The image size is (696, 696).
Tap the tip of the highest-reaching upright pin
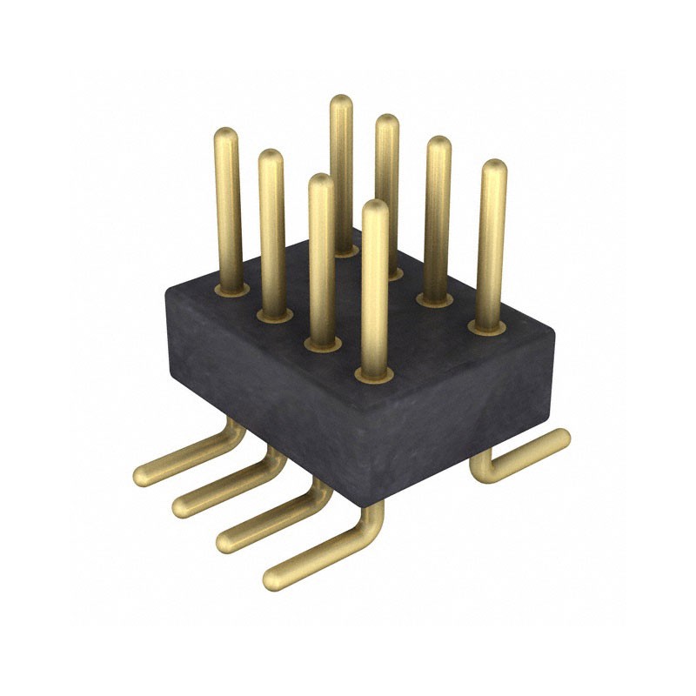[x=341, y=102]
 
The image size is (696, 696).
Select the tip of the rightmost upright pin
[x=494, y=167]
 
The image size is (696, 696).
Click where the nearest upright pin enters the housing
[x=374, y=373]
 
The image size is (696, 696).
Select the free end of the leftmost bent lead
[x=142, y=474]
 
